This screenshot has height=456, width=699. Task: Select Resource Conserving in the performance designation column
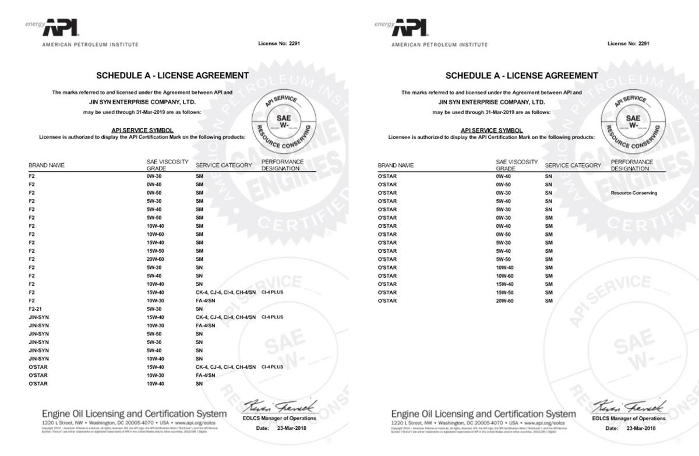coord(634,193)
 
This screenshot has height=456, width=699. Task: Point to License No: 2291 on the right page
coord(629,44)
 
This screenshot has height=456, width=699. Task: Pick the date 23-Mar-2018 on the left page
coord(290,427)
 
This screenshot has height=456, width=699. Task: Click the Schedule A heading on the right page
coord(521,76)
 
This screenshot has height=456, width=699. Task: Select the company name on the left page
coord(143,102)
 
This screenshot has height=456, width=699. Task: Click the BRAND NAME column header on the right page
coord(396,165)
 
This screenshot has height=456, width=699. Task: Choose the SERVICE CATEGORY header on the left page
coord(224,165)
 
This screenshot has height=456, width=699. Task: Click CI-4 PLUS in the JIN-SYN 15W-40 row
coord(272,317)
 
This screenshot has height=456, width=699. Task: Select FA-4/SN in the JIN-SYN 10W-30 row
coord(206,326)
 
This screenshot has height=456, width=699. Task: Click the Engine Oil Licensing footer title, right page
coord(483,414)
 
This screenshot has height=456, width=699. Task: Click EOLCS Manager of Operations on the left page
coord(279,418)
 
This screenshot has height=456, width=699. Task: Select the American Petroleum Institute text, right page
coord(440,45)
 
